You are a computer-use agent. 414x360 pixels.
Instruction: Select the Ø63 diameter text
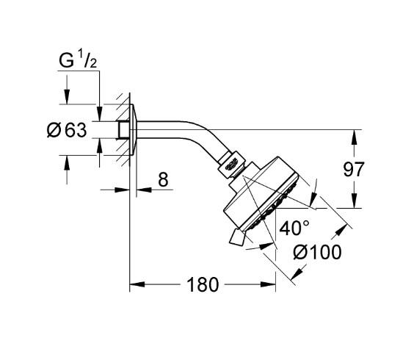pos(67,131)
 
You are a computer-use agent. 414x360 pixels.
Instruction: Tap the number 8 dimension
pos(162,179)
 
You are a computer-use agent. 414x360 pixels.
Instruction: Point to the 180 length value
pos(203,284)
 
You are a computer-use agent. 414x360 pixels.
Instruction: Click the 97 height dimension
pos(354,170)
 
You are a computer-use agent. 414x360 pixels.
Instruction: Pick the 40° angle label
pos(294,228)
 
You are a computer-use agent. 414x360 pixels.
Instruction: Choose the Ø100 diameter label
pos(317,252)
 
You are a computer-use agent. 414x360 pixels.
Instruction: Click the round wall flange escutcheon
pos(135,130)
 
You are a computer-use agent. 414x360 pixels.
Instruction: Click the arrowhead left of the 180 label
pos(136,284)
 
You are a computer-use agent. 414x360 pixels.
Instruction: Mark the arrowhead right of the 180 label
pos(271,284)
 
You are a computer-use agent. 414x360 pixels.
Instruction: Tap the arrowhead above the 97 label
pos(354,135)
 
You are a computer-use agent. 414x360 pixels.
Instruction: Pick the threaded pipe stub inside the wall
pos(120,130)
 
